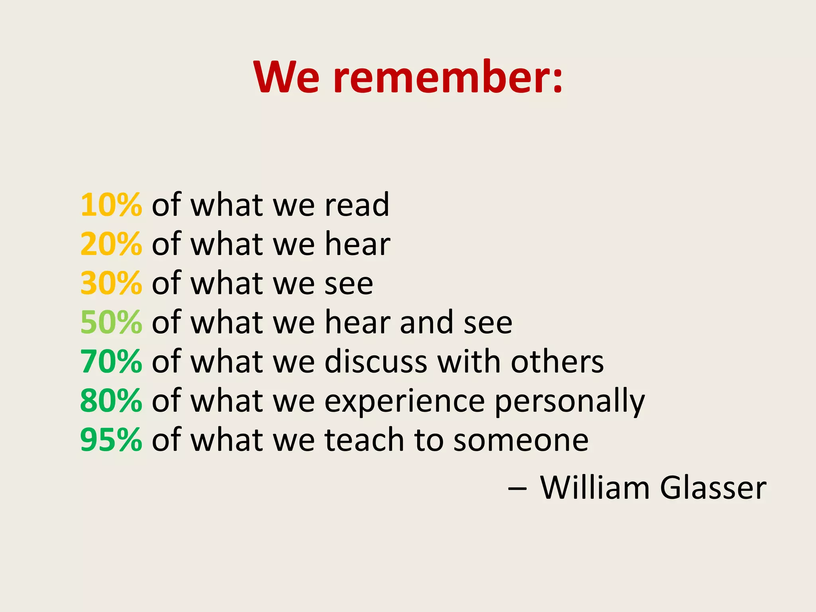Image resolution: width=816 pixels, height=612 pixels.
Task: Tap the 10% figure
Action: tap(111, 205)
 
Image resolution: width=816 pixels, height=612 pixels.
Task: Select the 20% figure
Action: tap(111, 244)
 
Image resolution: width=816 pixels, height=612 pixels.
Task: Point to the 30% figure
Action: tap(111, 283)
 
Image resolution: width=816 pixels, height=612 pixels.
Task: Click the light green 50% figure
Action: tap(111, 322)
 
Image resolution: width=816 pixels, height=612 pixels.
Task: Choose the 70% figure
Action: tap(111, 361)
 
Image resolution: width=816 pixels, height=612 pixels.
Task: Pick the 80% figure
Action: tap(111, 400)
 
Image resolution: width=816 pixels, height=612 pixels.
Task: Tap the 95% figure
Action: tap(111, 439)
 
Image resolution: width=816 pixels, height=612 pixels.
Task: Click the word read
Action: tap(357, 205)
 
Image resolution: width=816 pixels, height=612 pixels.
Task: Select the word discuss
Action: tap(376, 361)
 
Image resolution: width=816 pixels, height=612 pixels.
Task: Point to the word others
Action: tap(557, 361)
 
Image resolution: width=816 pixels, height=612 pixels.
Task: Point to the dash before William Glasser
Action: tap(517, 488)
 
